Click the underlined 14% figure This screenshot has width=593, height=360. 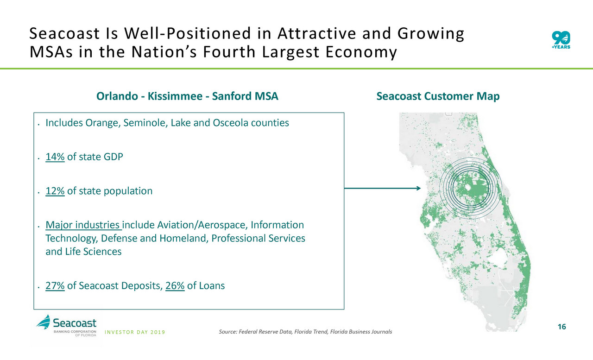pos(55,157)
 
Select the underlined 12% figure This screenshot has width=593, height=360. pos(55,191)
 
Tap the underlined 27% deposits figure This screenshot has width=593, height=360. pos(55,285)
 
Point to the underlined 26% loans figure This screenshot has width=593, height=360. pos(175,285)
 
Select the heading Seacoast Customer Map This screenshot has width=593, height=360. pos(438,96)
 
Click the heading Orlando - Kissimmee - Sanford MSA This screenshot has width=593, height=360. pos(187,96)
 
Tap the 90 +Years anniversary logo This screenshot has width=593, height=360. pos(561,40)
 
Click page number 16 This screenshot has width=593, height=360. pos(562,327)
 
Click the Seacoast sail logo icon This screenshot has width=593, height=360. pos(44,322)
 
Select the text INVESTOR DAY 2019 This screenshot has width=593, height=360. pos(135,332)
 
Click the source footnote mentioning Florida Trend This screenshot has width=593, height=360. pos(305,332)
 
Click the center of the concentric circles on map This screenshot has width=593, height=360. pos(470,188)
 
